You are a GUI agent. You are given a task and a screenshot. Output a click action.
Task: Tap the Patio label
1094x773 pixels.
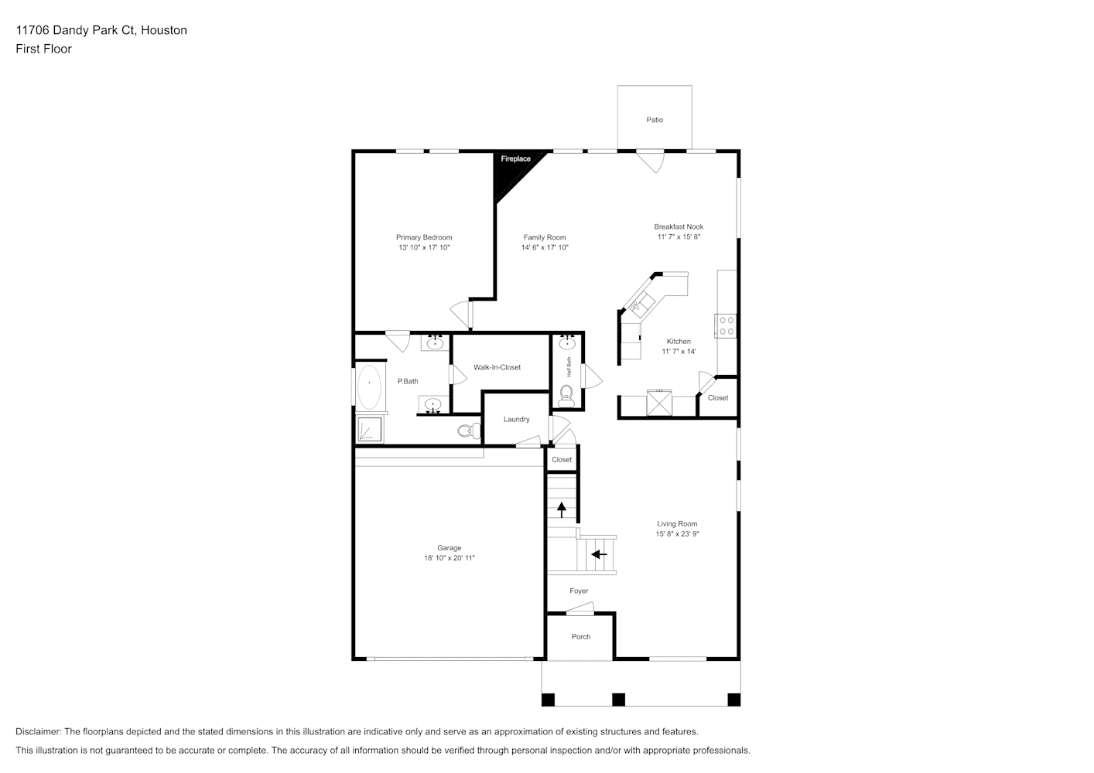655,120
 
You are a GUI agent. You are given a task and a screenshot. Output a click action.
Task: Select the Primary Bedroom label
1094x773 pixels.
424,237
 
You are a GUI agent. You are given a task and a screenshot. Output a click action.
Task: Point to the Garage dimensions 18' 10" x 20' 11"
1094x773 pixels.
450,558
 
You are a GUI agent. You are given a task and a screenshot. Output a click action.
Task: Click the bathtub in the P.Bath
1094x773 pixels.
369,386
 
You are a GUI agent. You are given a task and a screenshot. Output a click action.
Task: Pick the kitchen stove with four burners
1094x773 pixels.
726,326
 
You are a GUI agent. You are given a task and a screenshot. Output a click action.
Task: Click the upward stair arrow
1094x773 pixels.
562,509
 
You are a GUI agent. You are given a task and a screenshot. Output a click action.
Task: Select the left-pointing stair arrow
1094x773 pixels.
600,554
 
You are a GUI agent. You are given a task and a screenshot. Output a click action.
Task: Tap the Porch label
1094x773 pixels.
581,636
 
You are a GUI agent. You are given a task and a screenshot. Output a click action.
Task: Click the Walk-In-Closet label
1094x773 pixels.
497,367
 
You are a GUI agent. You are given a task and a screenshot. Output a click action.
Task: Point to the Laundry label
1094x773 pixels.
516,419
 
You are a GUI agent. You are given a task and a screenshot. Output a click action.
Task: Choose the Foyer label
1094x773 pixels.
579,591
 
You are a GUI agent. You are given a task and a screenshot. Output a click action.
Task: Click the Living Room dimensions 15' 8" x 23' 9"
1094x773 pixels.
678,534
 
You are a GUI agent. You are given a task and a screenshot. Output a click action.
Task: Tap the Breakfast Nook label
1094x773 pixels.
679,226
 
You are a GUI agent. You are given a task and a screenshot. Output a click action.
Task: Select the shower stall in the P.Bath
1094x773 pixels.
370,430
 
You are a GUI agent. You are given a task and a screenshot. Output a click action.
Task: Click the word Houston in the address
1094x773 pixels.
163,30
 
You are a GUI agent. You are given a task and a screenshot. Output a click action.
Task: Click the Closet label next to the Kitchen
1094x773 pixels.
718,398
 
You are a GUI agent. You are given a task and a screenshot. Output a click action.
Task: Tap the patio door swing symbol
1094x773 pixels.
651,162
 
